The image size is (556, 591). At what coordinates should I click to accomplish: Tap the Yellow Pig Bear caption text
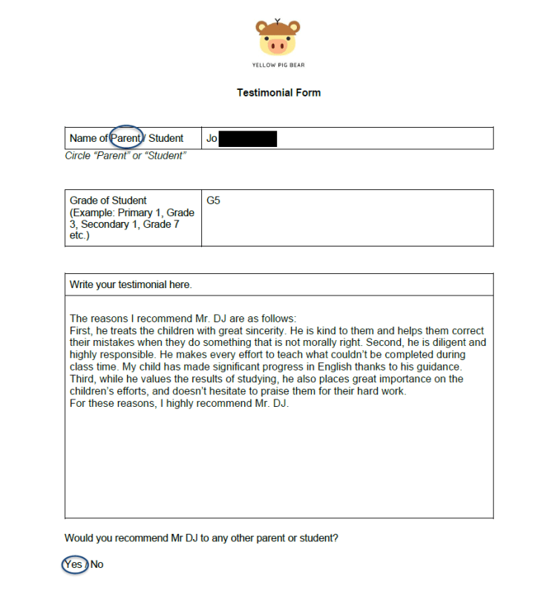pos(278,65)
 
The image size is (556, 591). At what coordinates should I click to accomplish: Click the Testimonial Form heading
pos(278,93)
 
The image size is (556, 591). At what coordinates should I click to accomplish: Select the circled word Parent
pos(125,138)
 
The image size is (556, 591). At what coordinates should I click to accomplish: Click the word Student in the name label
pos(166,138)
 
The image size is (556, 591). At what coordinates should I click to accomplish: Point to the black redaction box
pos(248,138)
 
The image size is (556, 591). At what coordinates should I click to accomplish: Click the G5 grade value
pos(213,200)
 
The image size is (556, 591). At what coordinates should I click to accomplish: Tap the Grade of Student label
pos(108,200)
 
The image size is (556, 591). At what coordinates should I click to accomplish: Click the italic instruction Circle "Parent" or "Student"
pos(125,156)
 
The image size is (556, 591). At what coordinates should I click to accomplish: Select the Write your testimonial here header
pos(131,284)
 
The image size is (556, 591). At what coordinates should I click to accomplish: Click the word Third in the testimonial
pos(82,379)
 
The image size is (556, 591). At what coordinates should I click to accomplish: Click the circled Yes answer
pos(73,564)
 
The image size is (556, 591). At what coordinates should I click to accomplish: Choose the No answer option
pos(97,564)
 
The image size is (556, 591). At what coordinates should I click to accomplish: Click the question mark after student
pos(336,538)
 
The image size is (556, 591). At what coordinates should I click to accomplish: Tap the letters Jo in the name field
pos(212,138)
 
